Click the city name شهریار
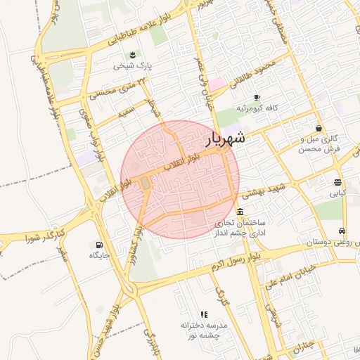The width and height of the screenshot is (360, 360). click(x=225, y=139)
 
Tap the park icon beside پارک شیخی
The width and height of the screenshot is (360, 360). click(x=131, y=56)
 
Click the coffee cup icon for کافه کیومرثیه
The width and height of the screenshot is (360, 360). click(x=257, y=97)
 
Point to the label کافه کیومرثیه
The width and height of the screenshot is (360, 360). click(x=259, y=108)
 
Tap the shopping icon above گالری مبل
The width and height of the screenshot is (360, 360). click(x=319, y=129)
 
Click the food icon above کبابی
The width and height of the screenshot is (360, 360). click(x=339, y=181)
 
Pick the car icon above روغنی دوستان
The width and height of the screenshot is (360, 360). click(x=342, y=231)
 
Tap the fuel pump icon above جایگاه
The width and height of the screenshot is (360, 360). click(x=93, y=245)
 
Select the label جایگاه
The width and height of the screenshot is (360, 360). click(x=98, y=255)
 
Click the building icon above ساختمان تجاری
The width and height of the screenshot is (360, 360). click(x=240, y=212)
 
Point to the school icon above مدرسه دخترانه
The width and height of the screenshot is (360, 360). click(x=204, y=314)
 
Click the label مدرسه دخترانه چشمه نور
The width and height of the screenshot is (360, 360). click(x=203, y=330)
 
